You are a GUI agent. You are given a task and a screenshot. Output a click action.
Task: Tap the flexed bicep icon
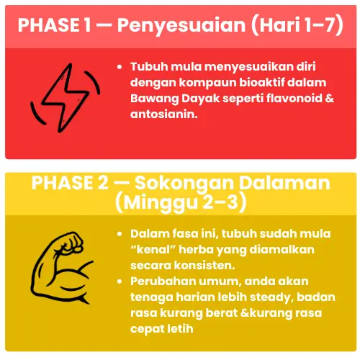[x=62, y=268]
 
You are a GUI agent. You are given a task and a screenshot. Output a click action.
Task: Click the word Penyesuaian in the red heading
[x=181, y=25]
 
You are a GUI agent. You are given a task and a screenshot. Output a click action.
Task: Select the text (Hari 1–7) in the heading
[x=297, y=25]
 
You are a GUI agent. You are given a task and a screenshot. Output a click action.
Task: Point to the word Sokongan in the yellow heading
[x=184, y=184]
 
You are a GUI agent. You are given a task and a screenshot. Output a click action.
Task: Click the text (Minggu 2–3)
[x=181, y=203]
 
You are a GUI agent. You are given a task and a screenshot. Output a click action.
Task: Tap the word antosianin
[x=164, y=114]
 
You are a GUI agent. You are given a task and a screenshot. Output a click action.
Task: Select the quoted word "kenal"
[x=153, y=249]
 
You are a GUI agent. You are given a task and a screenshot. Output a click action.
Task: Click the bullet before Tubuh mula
[x=120, y=67]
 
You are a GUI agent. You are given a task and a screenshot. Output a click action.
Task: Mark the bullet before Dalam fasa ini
[x=120, y=234]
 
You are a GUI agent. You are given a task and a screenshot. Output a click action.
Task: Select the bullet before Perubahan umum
[x=120, y=282]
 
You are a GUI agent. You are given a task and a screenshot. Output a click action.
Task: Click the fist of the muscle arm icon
[x=71, y=242]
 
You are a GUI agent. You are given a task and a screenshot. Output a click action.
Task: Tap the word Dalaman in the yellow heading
[x=284, y=184]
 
